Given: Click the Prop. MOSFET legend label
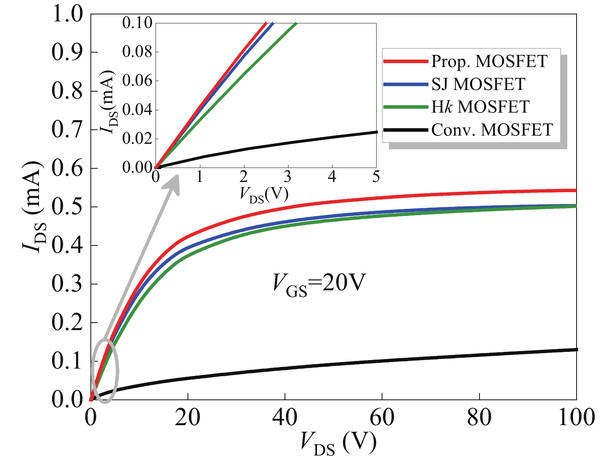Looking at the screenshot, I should click(489, 61).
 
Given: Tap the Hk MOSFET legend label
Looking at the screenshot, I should click(480, 107).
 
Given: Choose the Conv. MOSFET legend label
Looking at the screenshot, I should click(492, 130).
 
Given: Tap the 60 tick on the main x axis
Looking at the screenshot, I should click(382, 417).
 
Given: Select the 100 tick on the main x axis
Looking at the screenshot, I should click(577, 417).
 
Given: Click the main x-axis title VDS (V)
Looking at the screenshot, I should click(338, 443).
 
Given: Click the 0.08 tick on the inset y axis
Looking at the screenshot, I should click(137, 52).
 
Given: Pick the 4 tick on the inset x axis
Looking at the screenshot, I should click(332, 177).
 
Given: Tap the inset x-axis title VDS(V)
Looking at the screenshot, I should click(264, 194).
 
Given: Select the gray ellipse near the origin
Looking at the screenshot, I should click(105, 371).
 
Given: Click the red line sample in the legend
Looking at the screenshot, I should click(405, 62).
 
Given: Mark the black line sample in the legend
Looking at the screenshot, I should click(405, 130).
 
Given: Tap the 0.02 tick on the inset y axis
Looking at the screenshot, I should click(137, 139).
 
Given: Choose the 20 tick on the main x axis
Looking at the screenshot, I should click(188, 417).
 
